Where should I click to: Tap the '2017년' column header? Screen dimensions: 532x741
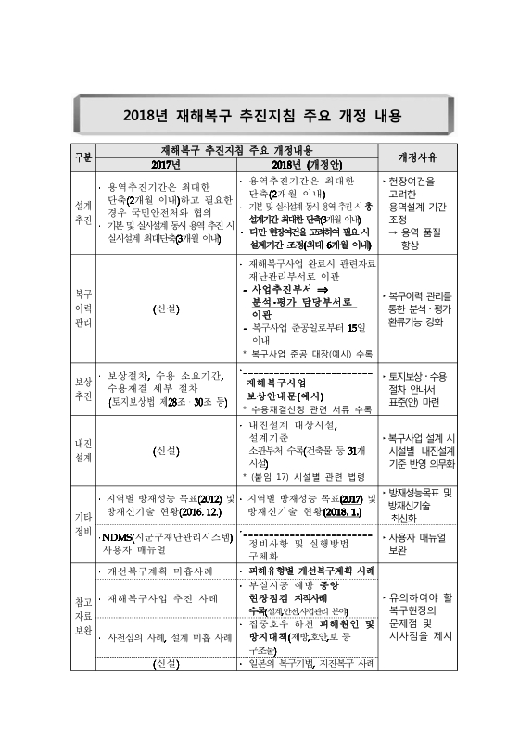(164, 164)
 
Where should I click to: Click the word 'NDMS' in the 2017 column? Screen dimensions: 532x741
(120, 536)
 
